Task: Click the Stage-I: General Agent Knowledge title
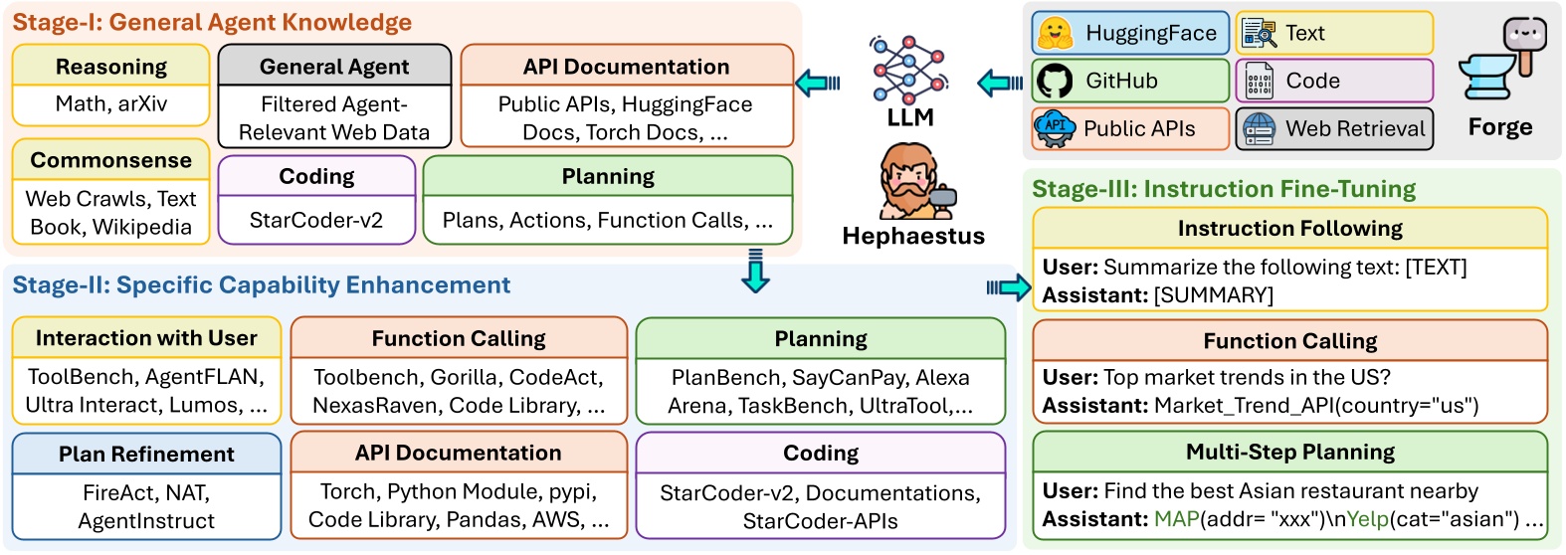pyautogui.click(x=212, y=22)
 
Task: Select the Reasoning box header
pyautogui.click(x=111, y=67)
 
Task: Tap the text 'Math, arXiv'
pyautogui.click(x=111, y=103)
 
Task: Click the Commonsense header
pyautogui.click(x=111, y=160)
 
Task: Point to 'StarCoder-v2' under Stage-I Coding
pyautogui.click(x=316, y=220)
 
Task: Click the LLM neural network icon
pyautogui.click(x=909, y=70)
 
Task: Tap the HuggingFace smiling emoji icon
pyautogui.click(x=1056, y=33)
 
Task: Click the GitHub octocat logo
pyautogui.click(x=1056, y=81)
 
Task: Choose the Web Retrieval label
pyautogui.click(x=1355, y=128)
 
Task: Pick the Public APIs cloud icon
pyautogui.click(x=1056, y=128)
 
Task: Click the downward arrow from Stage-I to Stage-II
pyautogui.click(x=756, y=273)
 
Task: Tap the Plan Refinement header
pyautogui.click(x=146, y=454)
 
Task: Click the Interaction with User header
pyautogui.click(x=146, y=338)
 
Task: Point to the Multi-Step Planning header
pyautogui.click(x=1290, y=452)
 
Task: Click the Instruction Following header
pyautogui.click(x=1290, y=228)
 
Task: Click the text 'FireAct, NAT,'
pyautogui.click(x=146, y=492)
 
